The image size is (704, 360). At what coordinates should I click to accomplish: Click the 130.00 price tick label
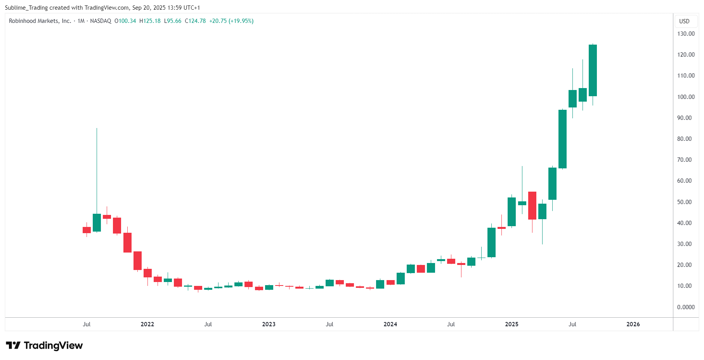click(686, 34)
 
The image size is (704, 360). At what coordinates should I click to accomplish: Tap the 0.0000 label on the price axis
click(686, 307)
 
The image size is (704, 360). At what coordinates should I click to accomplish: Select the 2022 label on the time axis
click(147, 324)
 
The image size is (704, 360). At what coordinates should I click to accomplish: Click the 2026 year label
click(633, 324)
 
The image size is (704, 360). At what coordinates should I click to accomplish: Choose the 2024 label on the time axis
click(390, 324)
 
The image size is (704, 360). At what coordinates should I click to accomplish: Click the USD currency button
click(684, 21)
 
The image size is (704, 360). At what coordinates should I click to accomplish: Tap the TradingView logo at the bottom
click(44, 346)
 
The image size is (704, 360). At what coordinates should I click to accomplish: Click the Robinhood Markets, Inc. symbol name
click(40, 21)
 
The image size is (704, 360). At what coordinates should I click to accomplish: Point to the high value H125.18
click(150, 21)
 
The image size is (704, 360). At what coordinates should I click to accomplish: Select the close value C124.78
click(195, 21)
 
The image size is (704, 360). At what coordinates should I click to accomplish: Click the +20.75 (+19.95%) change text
click(231, 21)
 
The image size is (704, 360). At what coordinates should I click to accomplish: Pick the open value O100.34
click(125, 21)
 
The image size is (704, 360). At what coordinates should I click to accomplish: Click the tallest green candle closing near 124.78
click(593, 70)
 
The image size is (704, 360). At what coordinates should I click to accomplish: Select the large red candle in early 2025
click(532, 206)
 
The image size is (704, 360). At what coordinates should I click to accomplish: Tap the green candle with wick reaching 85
click(97, 222)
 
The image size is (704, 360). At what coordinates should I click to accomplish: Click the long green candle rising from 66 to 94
click(562, 139)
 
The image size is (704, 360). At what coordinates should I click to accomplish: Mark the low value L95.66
click(173, 21)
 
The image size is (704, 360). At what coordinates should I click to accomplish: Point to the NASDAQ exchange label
click(101, 21)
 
